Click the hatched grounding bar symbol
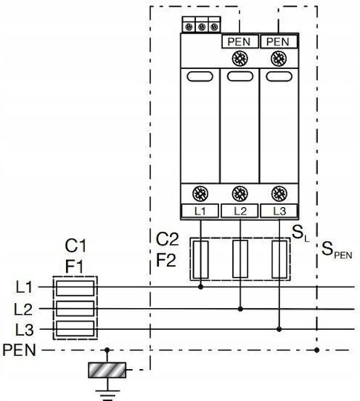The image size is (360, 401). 107,370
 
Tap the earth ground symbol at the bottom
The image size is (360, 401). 108,394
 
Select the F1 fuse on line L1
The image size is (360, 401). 75,288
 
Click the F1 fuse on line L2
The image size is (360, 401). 75,308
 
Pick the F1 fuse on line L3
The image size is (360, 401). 75,328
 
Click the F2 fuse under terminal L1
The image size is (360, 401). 200,259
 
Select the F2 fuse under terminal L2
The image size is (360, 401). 240,259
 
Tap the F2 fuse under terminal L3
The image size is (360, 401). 279,259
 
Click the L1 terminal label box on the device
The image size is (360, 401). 200,211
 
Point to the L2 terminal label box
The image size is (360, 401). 240,211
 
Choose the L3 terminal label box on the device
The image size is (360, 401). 279,211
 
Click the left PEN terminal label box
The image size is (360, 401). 240,42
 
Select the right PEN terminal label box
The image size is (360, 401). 279,42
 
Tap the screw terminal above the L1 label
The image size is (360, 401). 200,194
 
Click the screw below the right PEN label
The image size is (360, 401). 278,59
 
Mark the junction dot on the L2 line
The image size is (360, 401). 240,309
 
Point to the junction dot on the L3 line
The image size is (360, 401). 279,329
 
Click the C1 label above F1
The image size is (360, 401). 76,246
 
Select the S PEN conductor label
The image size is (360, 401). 337,250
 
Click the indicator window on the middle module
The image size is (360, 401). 240,76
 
